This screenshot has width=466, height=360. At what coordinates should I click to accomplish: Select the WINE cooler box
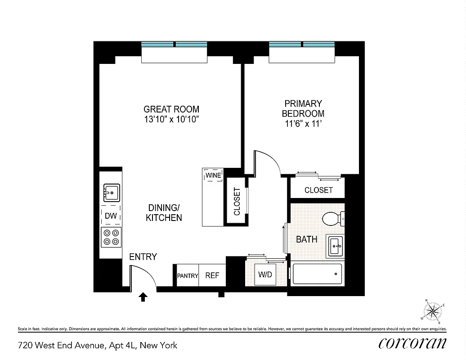[213, 175]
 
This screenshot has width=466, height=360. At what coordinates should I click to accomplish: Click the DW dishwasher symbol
[111, 216]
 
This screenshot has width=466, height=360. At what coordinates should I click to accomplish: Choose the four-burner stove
[111, 237]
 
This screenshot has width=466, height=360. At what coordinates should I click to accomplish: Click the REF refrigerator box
[212, 275]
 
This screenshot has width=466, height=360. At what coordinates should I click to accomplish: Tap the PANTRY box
[188, 275]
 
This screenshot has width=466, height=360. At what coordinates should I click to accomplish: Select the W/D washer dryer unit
[265, 275]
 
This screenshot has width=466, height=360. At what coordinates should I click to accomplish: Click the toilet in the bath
[333, 219]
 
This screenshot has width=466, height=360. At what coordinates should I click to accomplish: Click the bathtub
[317, 274]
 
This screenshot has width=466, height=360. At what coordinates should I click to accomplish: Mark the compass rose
[434, 310]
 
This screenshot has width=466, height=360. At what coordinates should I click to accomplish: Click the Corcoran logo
[412, 343]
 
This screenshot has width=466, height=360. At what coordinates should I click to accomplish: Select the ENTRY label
[143, 257]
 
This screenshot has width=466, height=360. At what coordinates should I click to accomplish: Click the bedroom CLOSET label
[318, 190]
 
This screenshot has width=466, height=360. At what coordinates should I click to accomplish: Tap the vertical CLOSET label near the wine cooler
[237, 201]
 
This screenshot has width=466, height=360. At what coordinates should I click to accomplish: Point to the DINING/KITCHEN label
[165, 212]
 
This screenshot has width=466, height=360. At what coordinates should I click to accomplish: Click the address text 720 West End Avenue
[98, 346]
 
